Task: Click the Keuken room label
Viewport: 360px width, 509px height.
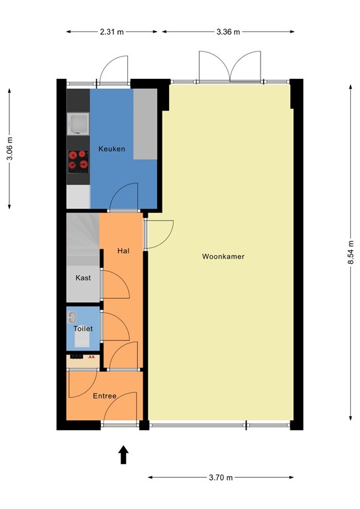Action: (111, 149)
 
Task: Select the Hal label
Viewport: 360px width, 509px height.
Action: (123, 251)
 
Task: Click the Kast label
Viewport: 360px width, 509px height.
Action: (83, 278)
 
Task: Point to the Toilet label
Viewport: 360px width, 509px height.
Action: (83, 329)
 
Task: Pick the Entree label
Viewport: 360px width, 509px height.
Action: (105, 396)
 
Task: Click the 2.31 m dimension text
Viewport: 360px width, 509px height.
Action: (112, 32)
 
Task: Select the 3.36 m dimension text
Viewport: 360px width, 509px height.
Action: (227, 32)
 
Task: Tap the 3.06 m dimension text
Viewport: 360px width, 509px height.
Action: (9, 149)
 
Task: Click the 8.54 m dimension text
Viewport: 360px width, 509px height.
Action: (351, 253)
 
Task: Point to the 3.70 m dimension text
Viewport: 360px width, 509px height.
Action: (221, 477)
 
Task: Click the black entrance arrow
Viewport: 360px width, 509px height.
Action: (123, 455)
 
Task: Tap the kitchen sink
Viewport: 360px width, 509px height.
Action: (79, 123)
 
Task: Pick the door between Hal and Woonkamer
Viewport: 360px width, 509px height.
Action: (159, 234)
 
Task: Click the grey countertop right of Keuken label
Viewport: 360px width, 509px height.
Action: (145, 125)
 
